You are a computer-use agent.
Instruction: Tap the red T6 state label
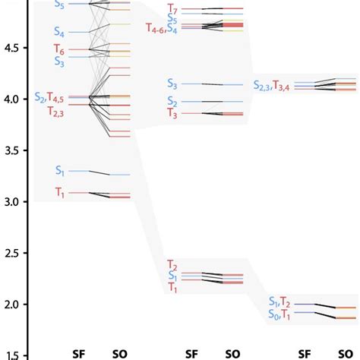[59, 49]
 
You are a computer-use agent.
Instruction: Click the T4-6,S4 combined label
[162, 28]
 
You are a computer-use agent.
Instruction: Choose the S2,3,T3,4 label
[271, 85]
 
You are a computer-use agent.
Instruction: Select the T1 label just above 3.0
[60, 193]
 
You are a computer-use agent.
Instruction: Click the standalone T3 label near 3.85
[172, 114]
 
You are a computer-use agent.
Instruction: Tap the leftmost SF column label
[79, 353]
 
